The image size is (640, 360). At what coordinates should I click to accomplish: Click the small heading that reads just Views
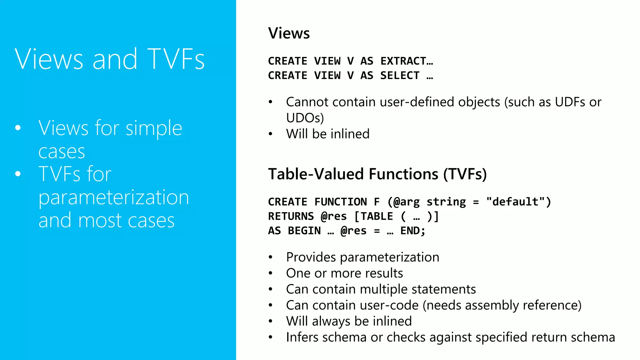pos(289,33)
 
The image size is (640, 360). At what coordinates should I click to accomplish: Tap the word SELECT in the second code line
pos(400,76)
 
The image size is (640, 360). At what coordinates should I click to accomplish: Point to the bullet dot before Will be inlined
pos(271,134)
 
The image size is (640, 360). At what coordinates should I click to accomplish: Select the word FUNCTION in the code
pos(341,202)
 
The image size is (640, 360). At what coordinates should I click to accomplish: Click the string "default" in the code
pos(516,202)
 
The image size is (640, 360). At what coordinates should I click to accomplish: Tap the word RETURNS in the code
pos(291,216)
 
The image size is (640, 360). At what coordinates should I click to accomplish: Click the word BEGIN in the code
pos(304,231)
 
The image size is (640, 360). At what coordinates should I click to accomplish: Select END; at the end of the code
pos(413,231)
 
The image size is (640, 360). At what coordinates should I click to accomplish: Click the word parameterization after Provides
pos(389,257)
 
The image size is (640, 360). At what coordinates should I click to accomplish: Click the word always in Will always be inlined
pos(331,322)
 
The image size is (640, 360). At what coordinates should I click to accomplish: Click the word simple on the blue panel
pos(154,128)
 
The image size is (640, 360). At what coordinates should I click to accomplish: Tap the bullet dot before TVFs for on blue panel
pos(18,174)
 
